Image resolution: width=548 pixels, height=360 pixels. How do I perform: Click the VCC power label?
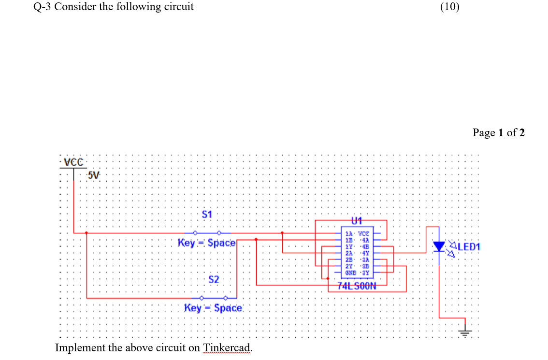(74, 162)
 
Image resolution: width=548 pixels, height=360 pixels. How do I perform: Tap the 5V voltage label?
(94, 175)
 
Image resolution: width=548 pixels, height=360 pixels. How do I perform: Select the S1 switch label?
(207, 214)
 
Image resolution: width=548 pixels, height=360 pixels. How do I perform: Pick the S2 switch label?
(214, 279)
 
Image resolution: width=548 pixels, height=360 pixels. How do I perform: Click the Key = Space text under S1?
(206, 243)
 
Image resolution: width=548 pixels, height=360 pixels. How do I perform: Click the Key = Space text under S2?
(213, 308)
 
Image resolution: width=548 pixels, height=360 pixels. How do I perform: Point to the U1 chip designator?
(357, 221)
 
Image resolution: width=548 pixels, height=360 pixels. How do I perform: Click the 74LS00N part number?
(357, 286)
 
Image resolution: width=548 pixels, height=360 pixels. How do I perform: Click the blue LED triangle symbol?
(439, 246)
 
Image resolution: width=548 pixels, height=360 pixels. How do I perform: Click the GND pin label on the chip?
(349, 273)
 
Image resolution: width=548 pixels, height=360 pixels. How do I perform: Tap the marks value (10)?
(450, 7)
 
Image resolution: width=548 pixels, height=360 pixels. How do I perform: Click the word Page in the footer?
(484, 132)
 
